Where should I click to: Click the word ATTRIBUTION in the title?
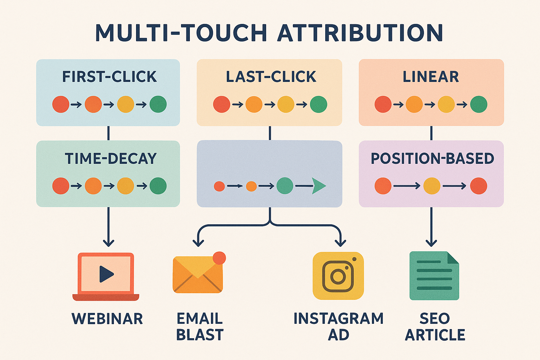(x=360, y=33)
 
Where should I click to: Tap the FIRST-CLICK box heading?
(x=109, y=77)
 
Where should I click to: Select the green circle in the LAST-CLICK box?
(x=319, y=104)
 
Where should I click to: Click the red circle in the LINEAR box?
(x=383, y=104)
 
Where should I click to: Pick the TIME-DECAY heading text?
(x=111, y=159)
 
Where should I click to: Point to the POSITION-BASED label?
(x=432, y=159)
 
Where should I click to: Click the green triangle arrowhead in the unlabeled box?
(x=318, y=186)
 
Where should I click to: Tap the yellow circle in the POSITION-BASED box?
(x=432, y=186)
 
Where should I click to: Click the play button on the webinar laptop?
(x=106, y=274)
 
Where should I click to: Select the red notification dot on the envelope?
(x=219, y=258)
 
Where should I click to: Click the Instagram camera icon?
(x=338, y=276)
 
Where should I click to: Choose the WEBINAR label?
(x=107, y=319)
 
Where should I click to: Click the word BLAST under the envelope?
(x=200, y=335)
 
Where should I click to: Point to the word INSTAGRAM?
(x=338, y=319)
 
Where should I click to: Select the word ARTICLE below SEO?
(x=435, y=335)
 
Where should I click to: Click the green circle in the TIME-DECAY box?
(x=158, y=186)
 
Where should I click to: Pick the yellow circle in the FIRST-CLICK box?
(x=126, y=104)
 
